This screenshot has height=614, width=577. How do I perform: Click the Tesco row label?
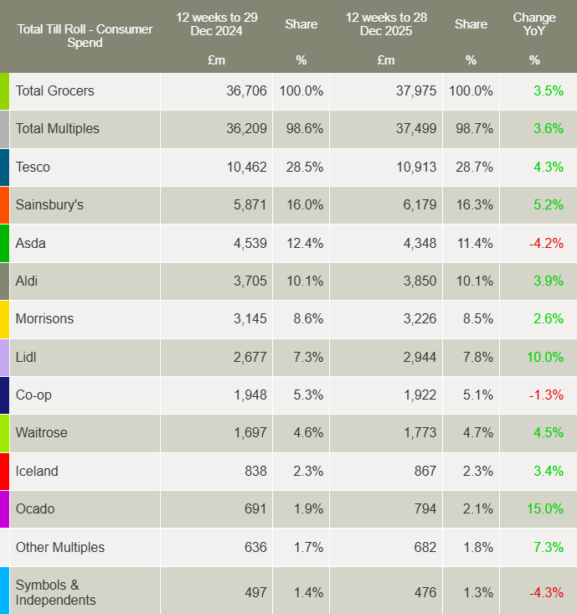coord(33,167)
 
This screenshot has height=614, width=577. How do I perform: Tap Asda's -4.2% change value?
coord(545,243)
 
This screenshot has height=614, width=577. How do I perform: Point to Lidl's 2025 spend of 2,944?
coord(416,357)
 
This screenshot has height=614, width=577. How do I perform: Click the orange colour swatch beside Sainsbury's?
coord(4,205)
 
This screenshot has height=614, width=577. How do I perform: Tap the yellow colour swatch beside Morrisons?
coord(4,319)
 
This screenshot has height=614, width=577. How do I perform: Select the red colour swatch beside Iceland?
coord(4,471)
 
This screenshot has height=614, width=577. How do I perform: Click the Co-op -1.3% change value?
coord(545,395)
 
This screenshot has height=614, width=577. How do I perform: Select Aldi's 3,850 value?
coord(416,281)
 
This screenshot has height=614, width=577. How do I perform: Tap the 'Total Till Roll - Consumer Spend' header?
coord(85,36)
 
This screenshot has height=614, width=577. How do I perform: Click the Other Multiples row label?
coord(60,547)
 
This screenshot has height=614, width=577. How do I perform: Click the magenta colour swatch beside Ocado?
coord(4,508)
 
